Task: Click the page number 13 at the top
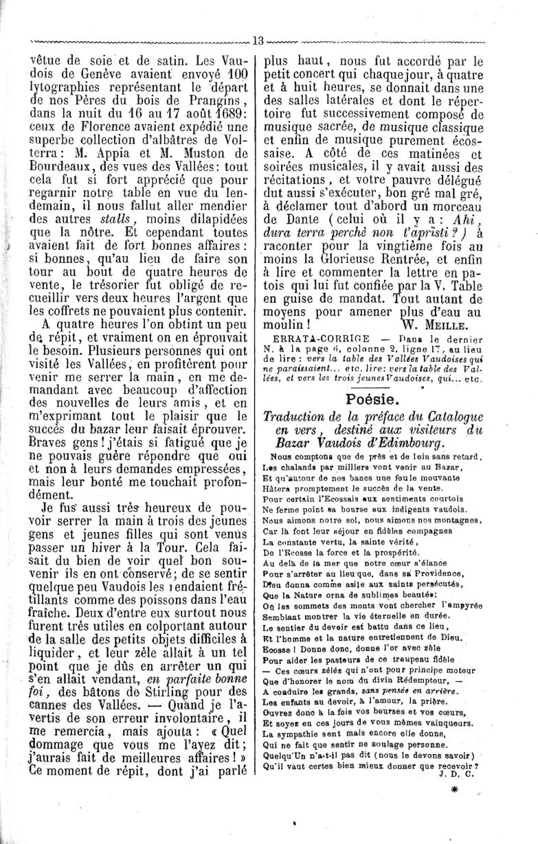258,39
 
